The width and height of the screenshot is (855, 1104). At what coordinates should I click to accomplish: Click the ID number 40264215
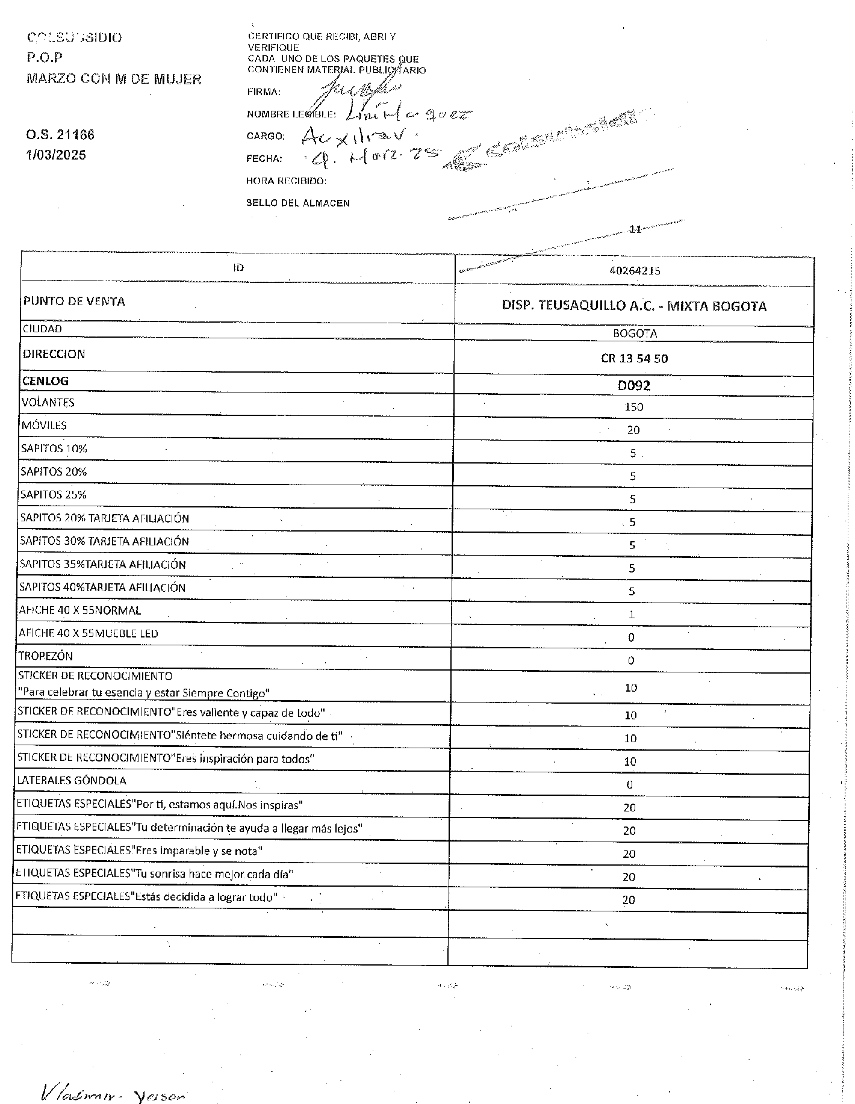point(635,271)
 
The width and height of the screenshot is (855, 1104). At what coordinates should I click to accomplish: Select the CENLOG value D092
point(634,385)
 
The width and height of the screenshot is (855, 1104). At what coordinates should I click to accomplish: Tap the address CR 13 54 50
point(634,359)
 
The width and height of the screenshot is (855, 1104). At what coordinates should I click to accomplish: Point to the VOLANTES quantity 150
point(633,407)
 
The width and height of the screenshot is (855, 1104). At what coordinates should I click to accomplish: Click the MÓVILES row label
point(44,426)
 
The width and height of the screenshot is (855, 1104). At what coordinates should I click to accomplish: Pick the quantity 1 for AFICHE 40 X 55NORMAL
point(632,615)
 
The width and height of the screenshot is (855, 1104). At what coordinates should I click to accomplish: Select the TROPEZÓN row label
point(46,656)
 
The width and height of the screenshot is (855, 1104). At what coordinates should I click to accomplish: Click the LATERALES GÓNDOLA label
point(72,781)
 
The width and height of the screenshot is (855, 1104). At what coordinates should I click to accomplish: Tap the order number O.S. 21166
point(60,135)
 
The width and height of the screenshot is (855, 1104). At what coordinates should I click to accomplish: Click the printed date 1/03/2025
point(55,155)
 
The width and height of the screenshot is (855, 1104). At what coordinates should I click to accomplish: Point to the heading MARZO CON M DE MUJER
point(114,79)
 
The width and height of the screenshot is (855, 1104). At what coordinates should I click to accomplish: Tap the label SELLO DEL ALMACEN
point(297,203)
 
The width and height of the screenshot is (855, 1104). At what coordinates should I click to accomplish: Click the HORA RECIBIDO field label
point(286,181)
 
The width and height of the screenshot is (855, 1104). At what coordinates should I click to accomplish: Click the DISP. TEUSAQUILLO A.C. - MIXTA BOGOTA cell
point(634,306)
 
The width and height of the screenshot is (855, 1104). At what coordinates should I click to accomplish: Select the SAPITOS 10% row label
point(54,449)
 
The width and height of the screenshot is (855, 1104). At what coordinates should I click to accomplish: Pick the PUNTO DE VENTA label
point(74,302)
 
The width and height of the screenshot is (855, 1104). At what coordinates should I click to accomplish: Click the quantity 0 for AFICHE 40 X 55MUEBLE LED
point(631,637)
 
